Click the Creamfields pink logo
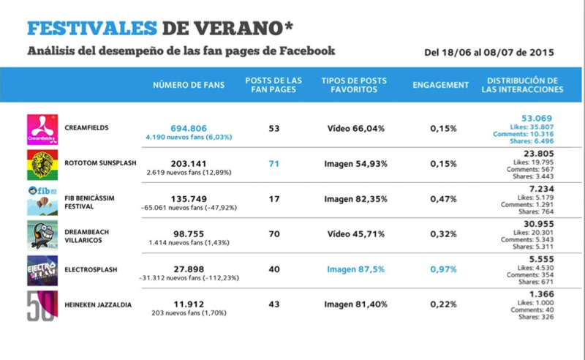coord(42,130)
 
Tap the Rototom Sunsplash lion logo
coord(42,165)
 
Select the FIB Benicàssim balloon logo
coord(42,200)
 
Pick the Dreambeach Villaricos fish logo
coord(42,236)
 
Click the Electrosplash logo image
coord(42,271)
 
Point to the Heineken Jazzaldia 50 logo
coord(42,306)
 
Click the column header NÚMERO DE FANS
coord(189,85)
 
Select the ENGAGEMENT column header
coord(441,85)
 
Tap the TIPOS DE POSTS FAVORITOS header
coord(354,85)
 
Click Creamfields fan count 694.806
coord(189,129)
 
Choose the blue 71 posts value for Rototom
coord(273,164)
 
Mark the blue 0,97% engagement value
coord(443,269)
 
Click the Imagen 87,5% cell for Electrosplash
coord(355,269)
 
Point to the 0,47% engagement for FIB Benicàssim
coord(443,199)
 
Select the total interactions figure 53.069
coord(537,119)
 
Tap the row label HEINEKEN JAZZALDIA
coord(98,304)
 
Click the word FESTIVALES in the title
coord(92,29)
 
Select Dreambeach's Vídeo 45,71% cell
coord(355,234)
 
